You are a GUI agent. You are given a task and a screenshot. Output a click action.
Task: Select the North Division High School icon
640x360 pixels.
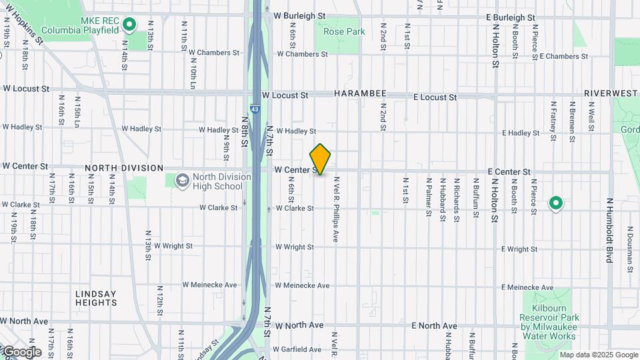point(182,181)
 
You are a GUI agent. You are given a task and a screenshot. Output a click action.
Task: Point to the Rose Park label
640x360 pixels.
point(344,31)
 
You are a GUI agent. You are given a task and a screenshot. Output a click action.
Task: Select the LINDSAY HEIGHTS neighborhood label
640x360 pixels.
point(96,298)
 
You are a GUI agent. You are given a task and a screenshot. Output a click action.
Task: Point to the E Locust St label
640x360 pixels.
point(435,97)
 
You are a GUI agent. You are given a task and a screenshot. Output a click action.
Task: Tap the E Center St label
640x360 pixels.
point(509,172)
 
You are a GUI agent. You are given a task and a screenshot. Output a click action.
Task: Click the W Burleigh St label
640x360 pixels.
point(299,15)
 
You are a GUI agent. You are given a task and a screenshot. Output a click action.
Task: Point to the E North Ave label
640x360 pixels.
point(434,326)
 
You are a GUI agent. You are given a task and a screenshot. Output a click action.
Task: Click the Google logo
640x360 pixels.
point(21,351)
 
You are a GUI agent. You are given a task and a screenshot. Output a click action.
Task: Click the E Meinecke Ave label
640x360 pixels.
point(527,287)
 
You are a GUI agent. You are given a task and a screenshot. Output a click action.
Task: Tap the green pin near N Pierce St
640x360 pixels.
point(555,203)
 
